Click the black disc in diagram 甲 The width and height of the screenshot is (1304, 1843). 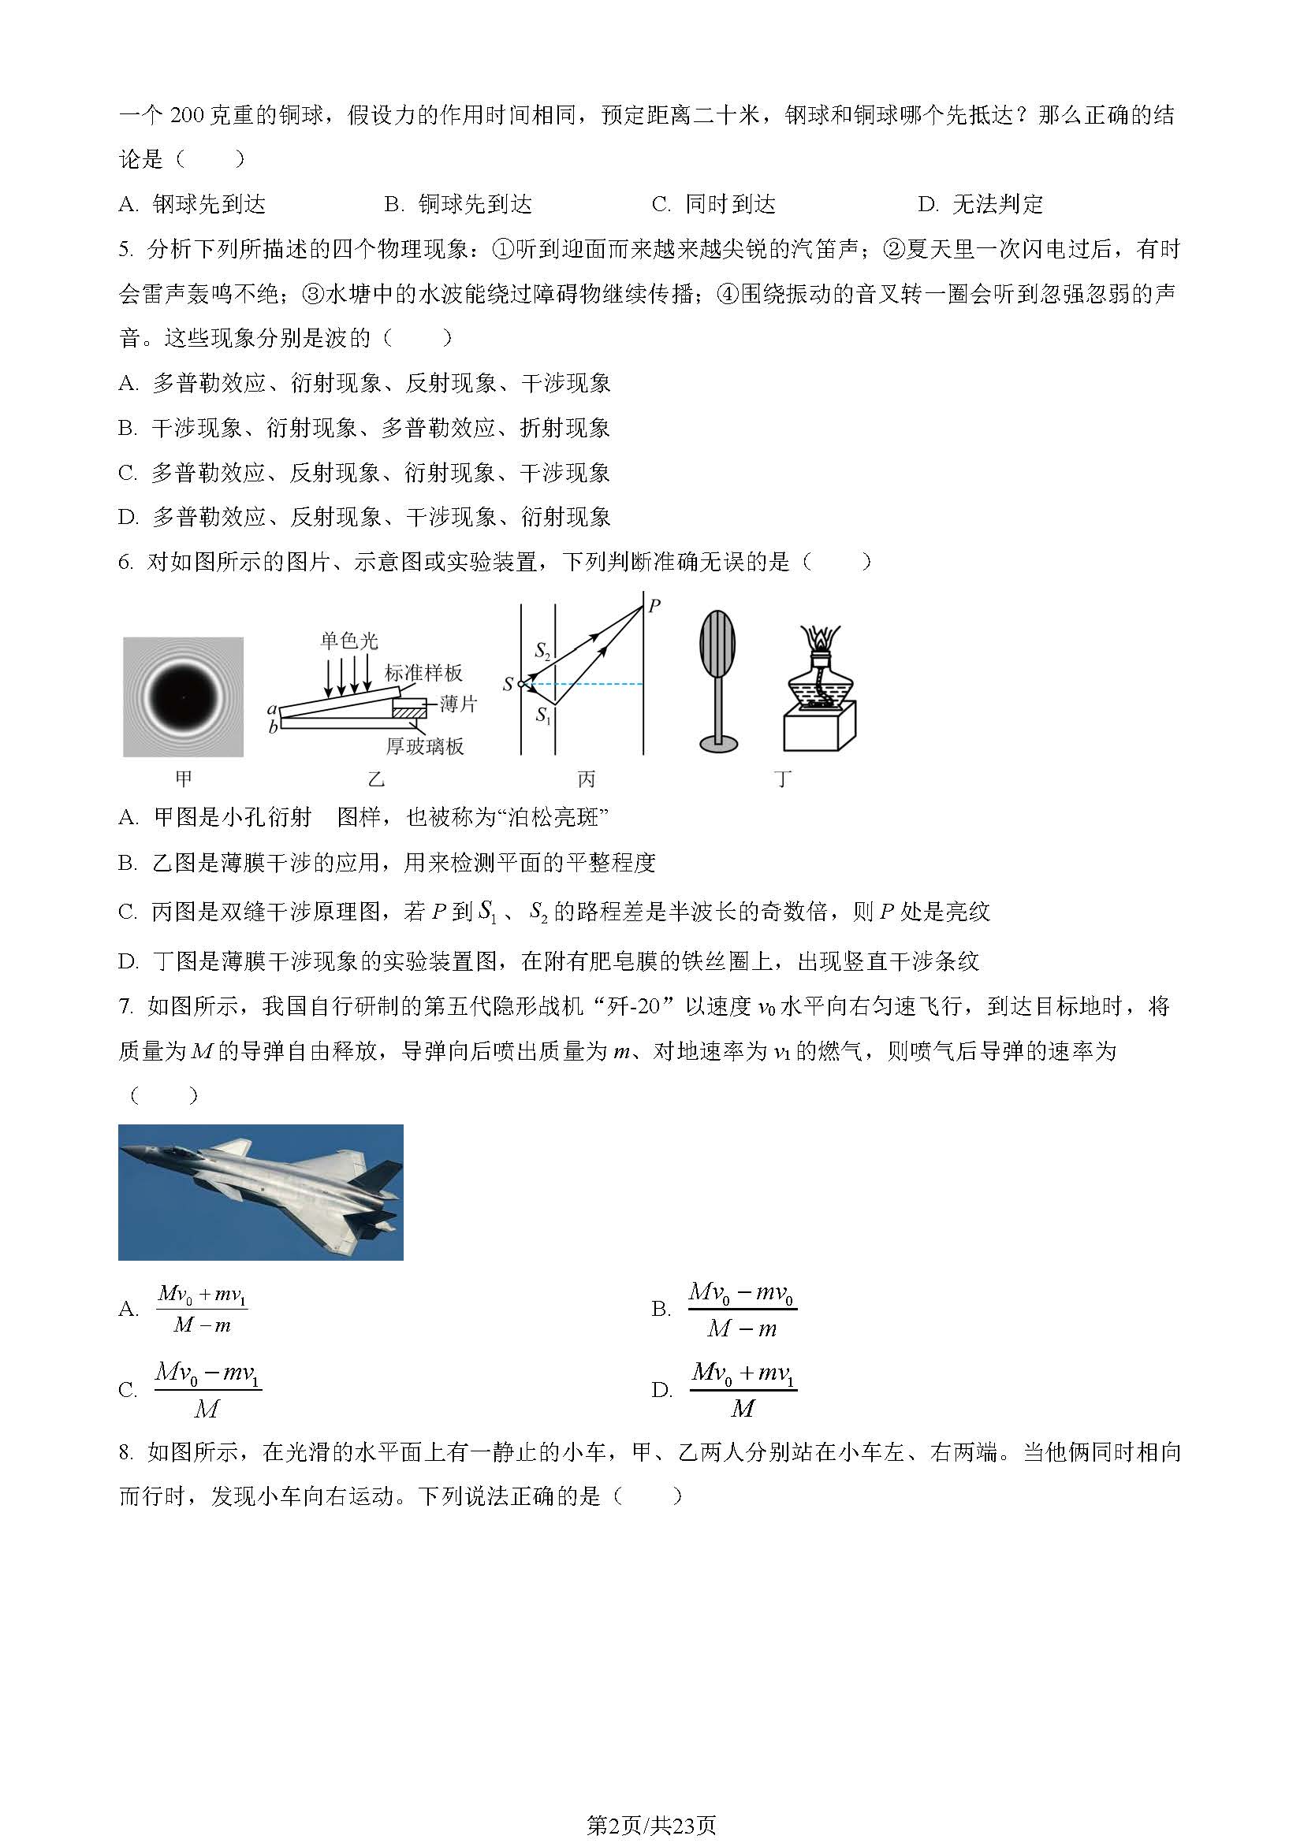point(183,697)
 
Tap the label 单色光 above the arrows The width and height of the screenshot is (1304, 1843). point(348,640)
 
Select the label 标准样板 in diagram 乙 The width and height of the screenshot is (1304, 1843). point(423,673)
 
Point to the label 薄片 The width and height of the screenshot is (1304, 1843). point(459,704)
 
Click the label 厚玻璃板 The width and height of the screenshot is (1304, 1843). point(425,746)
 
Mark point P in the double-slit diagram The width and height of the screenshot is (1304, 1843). point(654,606)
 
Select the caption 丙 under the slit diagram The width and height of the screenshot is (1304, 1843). point(586,778)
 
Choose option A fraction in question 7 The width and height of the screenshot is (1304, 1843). point(202,1309)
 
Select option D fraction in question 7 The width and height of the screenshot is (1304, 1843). point(743,1389)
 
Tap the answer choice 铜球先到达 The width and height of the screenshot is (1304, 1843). point(475,205)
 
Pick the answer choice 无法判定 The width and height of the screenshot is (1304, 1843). point(997,205)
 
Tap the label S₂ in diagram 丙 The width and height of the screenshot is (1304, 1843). point(542,649)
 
